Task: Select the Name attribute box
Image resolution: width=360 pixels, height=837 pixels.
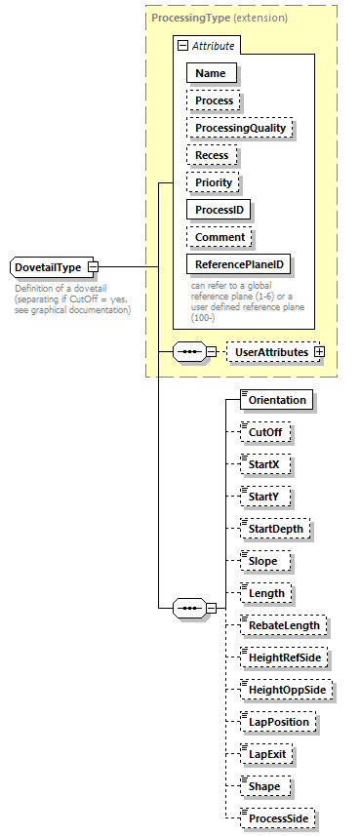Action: pos(210,72)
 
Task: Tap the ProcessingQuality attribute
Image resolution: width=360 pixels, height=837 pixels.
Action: pos(240,128)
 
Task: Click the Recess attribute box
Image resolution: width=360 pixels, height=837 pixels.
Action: pos(212,155)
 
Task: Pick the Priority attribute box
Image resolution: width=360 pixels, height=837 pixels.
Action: pos(213,182)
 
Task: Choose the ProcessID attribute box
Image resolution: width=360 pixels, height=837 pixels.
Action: pos(220,210)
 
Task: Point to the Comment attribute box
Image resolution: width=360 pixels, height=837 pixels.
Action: pos(220,237)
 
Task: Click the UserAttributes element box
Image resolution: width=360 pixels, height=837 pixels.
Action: pos(268,351)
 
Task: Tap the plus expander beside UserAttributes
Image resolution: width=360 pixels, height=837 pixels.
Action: pos(317,351)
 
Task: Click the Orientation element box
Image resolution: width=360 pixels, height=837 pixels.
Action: pos(276,400)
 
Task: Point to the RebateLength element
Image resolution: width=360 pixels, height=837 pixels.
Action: pos(284,625)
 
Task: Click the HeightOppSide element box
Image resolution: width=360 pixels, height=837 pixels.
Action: pos(288,690)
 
